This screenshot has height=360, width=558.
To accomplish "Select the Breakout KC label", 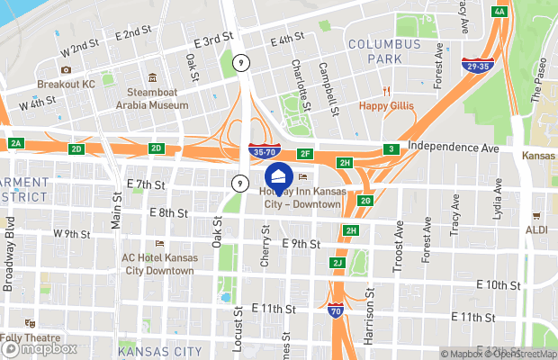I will pos(66,85).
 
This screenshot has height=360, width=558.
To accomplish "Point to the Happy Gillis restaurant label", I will pos(387,105).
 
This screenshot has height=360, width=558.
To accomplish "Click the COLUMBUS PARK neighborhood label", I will pos(384,50).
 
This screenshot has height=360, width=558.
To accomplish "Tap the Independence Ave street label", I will pos(453,147).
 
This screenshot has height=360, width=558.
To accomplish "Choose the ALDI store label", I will pos(536,229).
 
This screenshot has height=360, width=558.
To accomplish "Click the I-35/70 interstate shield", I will pos(265,154).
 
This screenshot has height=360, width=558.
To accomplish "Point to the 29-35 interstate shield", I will pos(477,65).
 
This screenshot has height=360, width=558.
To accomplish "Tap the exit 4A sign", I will pos(499,12).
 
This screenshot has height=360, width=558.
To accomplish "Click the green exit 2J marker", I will pos(337,263).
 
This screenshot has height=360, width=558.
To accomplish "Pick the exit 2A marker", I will pos(15,143).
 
